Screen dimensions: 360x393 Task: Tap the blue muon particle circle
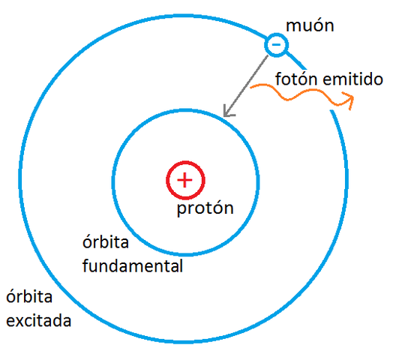[x=276, y=45]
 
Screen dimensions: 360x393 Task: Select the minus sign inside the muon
[x=276, y=45]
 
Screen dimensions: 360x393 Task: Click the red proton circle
[x=184, y=179]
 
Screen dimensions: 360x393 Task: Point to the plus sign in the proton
[x=184, y=179]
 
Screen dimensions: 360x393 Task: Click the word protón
[x=205, y=208]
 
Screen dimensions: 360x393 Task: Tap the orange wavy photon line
[x=300, y=95]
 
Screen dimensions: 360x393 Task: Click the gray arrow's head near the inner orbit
[x=227, y=114]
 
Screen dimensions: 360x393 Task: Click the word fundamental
[x=132, y=265]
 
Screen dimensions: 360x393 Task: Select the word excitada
[x=39, y=321]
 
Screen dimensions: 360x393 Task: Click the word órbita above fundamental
[x=105, y=243]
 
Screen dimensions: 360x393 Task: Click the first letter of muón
[x=293, y=27]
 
